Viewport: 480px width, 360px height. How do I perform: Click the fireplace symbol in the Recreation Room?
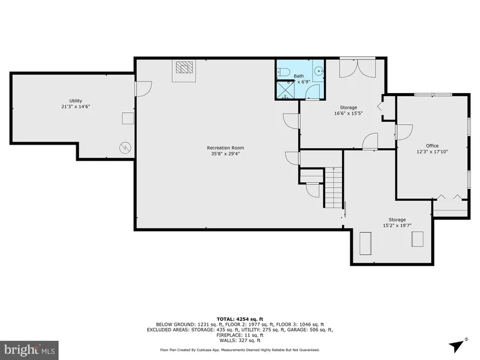click(185, 70)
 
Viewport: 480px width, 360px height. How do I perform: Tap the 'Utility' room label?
click(76, 101)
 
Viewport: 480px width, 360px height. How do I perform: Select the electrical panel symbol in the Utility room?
click(125, 146)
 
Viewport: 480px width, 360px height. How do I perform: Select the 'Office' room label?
click(432, 146)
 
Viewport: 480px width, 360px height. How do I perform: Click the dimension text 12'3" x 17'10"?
click(432, 152)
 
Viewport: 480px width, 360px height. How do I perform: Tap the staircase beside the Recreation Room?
click(332, 187)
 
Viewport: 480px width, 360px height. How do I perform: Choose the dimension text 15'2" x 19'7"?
click(397, 226)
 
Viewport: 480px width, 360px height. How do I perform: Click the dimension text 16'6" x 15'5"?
click(349, 113)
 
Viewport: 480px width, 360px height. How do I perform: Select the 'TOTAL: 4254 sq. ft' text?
click(240, 319)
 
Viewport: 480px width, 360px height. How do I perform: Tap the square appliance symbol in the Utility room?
click(128, 118)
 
